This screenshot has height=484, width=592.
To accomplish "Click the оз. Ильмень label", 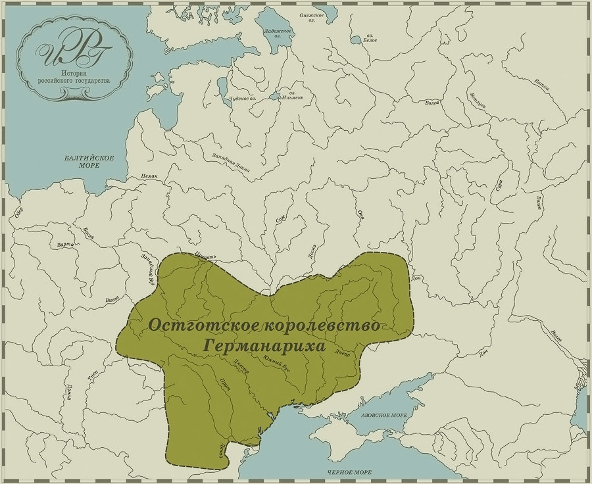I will pos(291,97).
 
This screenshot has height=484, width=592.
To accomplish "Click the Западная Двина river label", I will pos(231,165).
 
